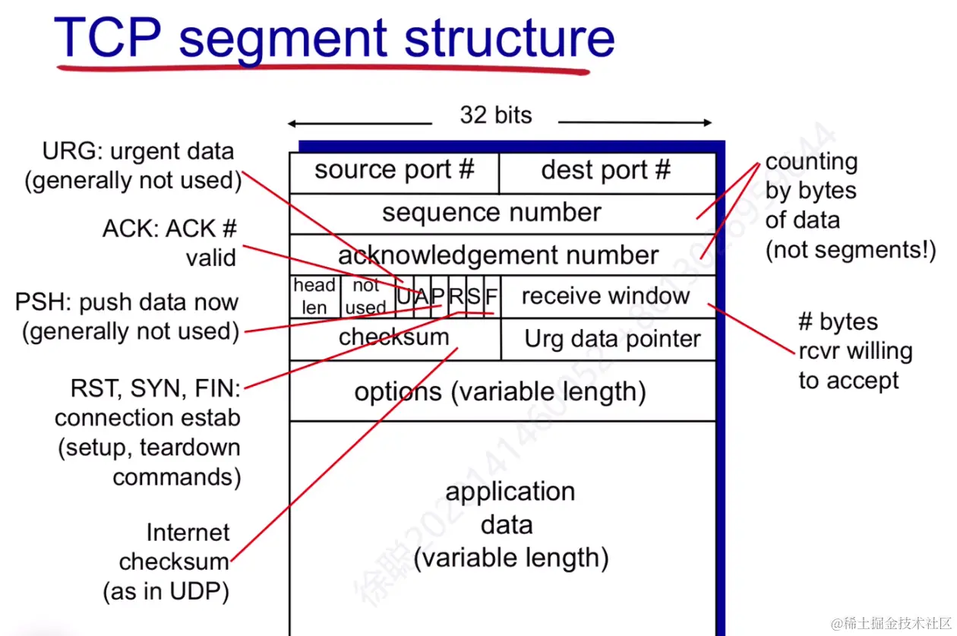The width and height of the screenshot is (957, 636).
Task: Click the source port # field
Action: [393, 172]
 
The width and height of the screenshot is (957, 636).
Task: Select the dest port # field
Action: [606, 172]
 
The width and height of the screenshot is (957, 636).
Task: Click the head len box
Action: [314, 296]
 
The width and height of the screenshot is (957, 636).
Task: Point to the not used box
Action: [366, 296]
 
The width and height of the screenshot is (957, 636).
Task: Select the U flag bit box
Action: [404, 296]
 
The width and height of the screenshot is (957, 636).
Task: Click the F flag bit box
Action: [491, 296]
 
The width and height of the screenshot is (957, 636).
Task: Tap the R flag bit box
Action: [456, 296]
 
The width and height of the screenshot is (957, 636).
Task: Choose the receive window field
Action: [606, 296]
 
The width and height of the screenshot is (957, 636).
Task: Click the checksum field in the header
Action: [394, 338]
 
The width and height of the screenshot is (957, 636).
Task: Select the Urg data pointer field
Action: [612, 340]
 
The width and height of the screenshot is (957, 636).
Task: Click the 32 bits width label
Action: [495, 115]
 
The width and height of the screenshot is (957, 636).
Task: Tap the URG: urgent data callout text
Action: [138, 151]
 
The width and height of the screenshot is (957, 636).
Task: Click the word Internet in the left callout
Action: [188, 533]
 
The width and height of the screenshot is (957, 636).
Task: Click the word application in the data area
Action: [510, 492]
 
